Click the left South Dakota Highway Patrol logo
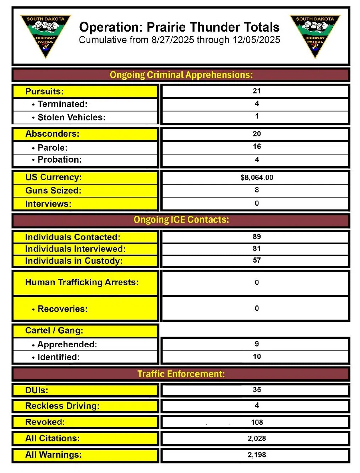pos(45,36)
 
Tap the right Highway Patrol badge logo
pos(315,36)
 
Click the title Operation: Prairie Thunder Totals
pos(179,27)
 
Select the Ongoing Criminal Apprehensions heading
pos(181,75)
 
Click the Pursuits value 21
pos(257,91)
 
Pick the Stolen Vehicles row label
pos(71,118)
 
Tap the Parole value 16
pos(257,146)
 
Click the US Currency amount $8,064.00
pos(257,178)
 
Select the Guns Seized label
pos(53,191)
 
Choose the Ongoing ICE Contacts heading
pos(181,220)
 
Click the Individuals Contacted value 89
pos(257,236)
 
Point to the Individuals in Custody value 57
pos(257,260)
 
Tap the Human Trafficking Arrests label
pos(82,282)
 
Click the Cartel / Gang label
pos(54,331)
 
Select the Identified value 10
pos(257,357)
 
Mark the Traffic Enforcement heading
pos(181,374)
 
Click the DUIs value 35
pos(257,390)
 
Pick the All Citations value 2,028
pos(257,439)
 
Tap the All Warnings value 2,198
pos(257,455)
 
